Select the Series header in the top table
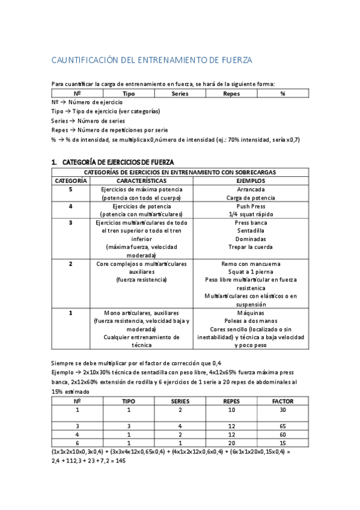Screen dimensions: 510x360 click(180, 94)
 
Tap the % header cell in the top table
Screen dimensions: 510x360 click(282, 94)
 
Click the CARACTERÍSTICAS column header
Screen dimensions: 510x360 click(142, 180)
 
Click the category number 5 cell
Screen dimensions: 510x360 click(71, 189)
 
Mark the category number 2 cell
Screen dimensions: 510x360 click(71, 264)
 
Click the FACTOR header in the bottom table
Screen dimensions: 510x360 click(282, 401)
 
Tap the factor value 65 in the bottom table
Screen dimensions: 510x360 click(282, 426)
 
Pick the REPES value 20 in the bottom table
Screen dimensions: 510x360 click(231, 443)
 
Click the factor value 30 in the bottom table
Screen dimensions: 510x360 click(282, 410)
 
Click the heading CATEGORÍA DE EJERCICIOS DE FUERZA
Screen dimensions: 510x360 click(118, 162)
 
